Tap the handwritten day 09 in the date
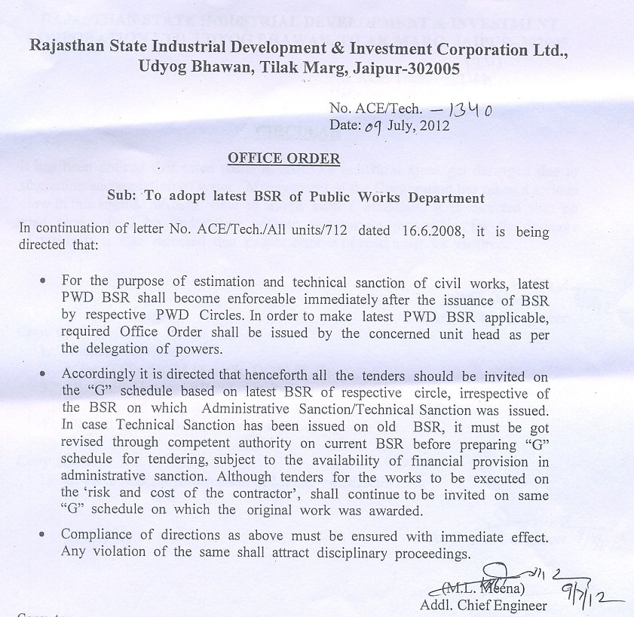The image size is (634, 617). pyautogui.click(x=375, y=127)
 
